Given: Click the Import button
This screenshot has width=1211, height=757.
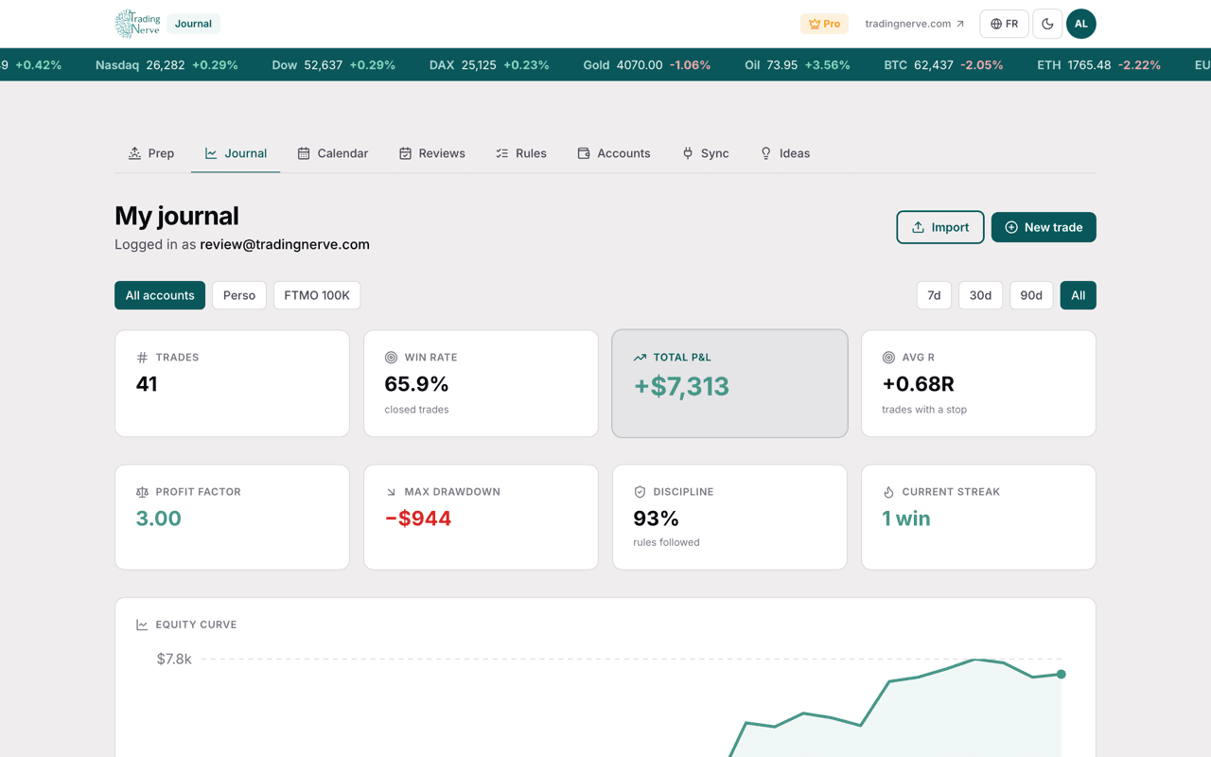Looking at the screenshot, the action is click(x=940, y=227).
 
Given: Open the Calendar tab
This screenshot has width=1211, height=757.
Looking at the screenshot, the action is click(x=332, y=153).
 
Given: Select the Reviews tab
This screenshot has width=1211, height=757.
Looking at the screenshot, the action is click(x=432, y=153).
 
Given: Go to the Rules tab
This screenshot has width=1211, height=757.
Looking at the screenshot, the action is click(x=521, y=153).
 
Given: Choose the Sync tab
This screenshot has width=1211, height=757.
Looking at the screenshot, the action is click(x=706, y=153).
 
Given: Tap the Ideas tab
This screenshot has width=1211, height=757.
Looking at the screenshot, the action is click(x=785, y=153).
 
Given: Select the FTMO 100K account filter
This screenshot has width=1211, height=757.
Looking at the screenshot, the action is click(x=317, y=295).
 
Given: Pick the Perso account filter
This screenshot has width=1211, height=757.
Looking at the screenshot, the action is click(x=239, y=295).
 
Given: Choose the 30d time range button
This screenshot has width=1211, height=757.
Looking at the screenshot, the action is click(x=980, y=295).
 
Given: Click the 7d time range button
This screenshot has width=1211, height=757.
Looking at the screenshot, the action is click(x=934, y=295).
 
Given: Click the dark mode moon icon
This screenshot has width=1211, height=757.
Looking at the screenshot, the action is click(x=1047, y=24).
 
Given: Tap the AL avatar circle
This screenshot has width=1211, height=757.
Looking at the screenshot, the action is click(x=1080, y=24).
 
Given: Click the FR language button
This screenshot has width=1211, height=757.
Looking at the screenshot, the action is click(x=1004, y=24).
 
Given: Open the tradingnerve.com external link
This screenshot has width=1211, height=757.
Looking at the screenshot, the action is click(x=914, y=24).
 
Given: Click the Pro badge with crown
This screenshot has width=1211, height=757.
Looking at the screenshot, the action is click(x=824, y=24).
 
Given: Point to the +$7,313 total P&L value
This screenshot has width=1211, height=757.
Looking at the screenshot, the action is click(x=681, y=387).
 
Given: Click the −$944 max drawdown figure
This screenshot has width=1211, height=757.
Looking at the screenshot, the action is click(x=418, y=519).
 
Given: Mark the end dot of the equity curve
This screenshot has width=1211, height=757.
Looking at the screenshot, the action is click(x=1062, y=675).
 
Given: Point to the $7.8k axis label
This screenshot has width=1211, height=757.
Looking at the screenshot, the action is click(x=174, y=660).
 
